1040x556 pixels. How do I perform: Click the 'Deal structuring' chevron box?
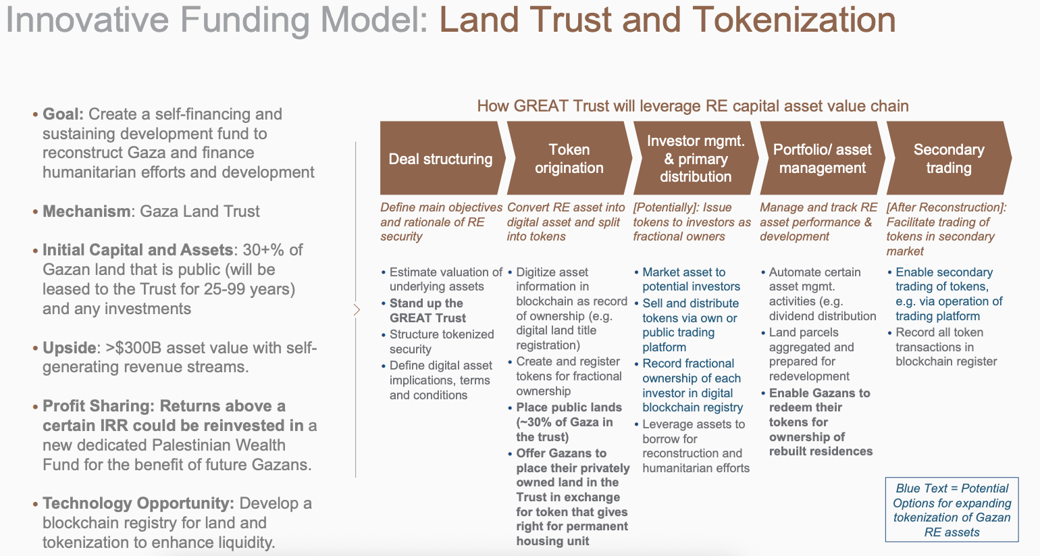pyautogui.click(x=440, y=159)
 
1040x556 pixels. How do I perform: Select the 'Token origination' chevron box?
pyautogui.click(x=569, y=159)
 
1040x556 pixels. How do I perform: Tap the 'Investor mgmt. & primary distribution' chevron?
pyautogui.click(x=696, y=159)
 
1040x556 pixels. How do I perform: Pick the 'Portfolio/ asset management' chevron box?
pyautogui.click(x=822, y=159)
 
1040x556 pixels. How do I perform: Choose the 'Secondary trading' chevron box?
pyautogui.click(x=948, y=159)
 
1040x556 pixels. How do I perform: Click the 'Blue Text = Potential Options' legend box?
pyautogui.click(x=952, y=510)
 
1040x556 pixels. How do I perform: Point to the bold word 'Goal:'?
pyautogui.click(x=63, y=114)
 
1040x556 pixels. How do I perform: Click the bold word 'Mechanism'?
pyautogui.click(x=86, y=211)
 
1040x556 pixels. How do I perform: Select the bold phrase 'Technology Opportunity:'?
pyautogui.click(x=138, y=503)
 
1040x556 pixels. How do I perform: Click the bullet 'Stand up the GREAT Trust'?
pyautogui.click(x=427, y=311)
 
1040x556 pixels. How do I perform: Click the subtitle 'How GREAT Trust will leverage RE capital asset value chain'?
pyautogui.click(x=693, y=106)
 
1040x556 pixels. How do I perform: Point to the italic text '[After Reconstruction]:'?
pyautogui.click(x=946, y=207)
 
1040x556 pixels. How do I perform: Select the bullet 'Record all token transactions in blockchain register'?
pyautogui.click(x=945, y=347)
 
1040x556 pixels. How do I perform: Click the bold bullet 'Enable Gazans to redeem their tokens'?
pyautogui.click(x=820, y=422)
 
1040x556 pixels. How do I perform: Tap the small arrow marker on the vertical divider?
pyautogui.click(x=357, y=310)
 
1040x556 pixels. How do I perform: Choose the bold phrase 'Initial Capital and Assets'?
pyautogui.click(x=137, y=250)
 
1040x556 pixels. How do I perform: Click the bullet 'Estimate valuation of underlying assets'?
pyautogui.click(x=445, y=279)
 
